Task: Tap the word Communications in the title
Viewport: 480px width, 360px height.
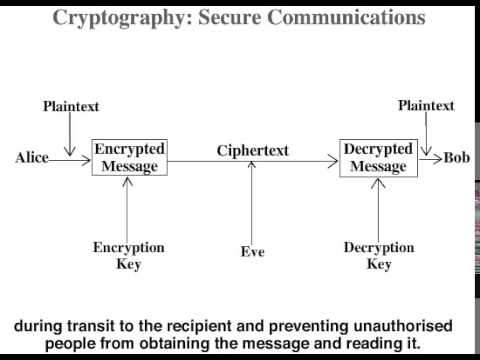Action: click(340, 17)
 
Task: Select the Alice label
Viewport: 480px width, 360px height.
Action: click(32, 158)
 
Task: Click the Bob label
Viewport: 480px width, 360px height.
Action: click(457, 158)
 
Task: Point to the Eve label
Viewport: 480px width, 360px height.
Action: click(253, 252)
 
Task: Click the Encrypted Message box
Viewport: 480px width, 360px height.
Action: click(129, 158)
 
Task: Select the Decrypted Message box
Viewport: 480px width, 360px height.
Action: click(377, 158)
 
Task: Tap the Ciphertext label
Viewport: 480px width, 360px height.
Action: click(253, 150)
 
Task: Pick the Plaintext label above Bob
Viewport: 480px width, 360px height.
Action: click(426, 105)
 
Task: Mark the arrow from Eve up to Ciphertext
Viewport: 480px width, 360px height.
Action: click(253, 205)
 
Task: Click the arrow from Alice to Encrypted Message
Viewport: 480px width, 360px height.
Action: click(70, 158)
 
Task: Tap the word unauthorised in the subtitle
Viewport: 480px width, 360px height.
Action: click(396, 326)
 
